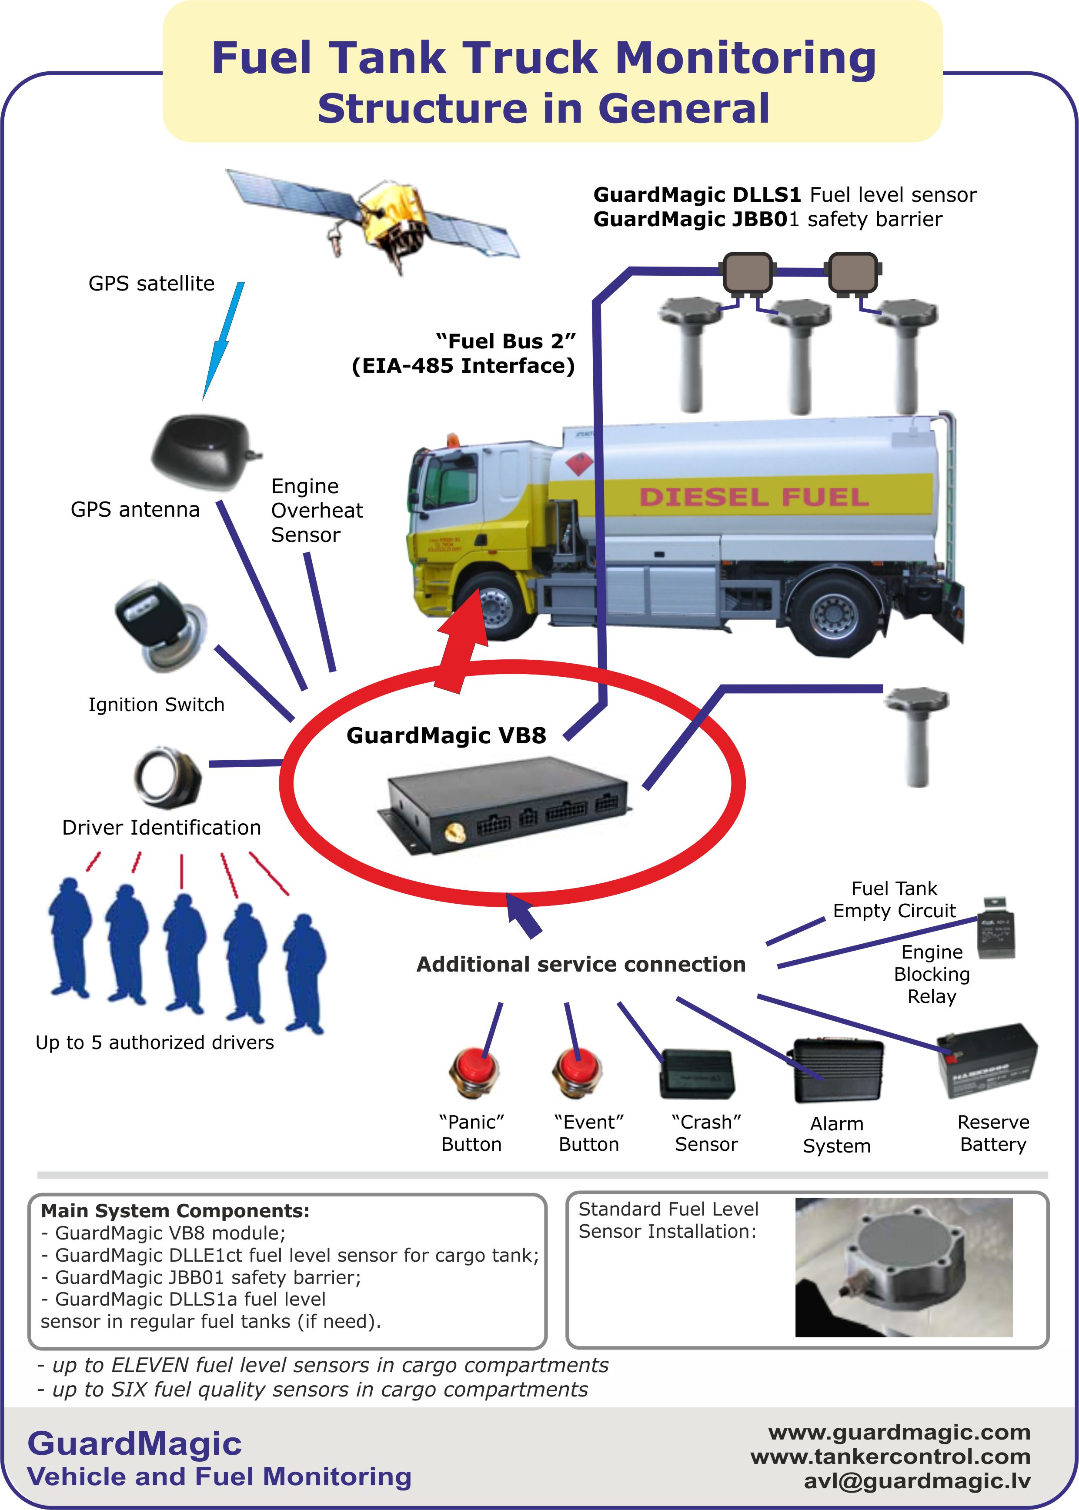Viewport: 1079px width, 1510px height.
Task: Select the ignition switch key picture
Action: [x=160, y=625]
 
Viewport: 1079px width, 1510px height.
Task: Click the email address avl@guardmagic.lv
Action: [x=917, y=1481]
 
